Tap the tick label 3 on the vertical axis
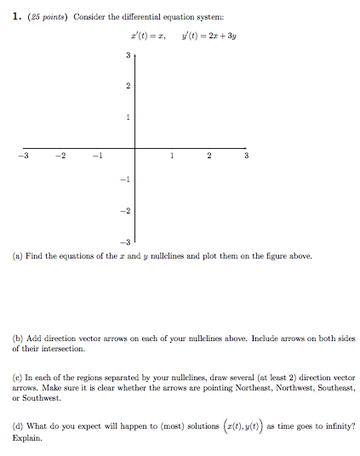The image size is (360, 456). [x=127, y=56]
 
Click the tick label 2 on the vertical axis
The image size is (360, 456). [x=127, y=86]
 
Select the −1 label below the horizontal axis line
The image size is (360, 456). [x=124, y=180]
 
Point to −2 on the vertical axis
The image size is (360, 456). [x=124, y=210]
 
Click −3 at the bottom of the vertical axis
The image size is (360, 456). [x=124, y=241]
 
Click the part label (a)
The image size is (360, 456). [x=18, y=255]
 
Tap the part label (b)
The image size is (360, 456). [x=18, y=338]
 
